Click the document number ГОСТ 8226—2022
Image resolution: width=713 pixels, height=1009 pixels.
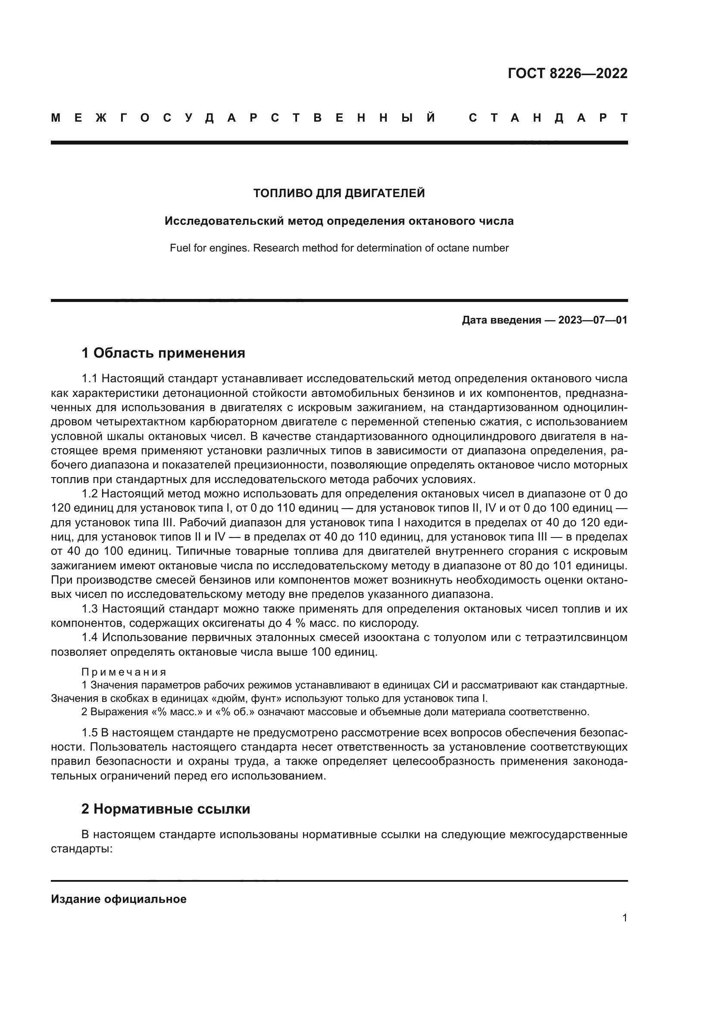pos(567,73)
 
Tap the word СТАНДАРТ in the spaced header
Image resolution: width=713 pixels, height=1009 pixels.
pos(548,118)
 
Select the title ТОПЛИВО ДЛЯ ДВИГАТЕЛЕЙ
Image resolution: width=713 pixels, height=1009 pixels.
pos(339,193)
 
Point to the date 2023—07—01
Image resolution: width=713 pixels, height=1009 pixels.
pos(593,320)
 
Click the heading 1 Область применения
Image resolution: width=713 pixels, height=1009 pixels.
pos(163,352)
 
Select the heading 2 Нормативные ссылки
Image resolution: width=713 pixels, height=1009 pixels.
pos(166,808)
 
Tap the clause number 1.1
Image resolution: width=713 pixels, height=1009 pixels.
pos(90,379)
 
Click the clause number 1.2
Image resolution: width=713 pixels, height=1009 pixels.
pos(90,494)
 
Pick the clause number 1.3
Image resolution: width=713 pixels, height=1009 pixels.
pos(90,609)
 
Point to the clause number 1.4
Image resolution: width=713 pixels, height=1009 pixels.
pos(90,638)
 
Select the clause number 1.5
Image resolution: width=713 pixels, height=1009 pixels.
pos(90,732)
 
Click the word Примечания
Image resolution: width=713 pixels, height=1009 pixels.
pos(124,672)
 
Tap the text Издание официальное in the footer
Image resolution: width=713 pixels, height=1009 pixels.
pos(119,899)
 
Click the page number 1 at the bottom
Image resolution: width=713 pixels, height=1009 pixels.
pos(624,918)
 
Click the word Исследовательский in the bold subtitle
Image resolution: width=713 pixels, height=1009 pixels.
pos(224,220)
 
